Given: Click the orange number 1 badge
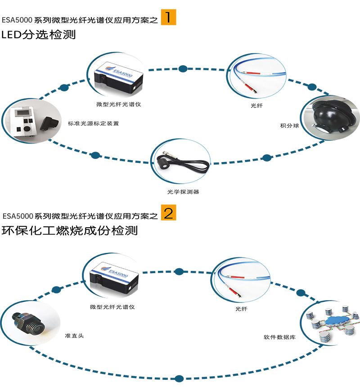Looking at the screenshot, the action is pos(169,17).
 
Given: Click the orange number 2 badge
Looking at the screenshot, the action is pos(169,212).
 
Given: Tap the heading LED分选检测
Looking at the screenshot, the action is pos(39,35).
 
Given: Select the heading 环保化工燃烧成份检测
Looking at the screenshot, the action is pos(70,230).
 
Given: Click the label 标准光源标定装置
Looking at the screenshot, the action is pos(94,123).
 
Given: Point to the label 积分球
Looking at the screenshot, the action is pos(289,126).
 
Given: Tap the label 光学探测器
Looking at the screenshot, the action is pos(183,192).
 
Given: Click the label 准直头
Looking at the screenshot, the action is pos(74,336).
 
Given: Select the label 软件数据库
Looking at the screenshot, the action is pos(279,337).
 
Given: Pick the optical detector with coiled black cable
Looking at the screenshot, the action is pos(183,162).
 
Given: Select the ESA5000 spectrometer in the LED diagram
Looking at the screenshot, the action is pos(118,77).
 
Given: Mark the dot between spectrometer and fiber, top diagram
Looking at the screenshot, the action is pos(183,68).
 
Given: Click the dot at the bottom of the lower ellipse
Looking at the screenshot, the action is pos(179,378).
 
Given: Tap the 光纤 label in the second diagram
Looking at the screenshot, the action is pos(241,309).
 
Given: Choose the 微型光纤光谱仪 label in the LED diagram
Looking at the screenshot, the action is pos(119,104).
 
